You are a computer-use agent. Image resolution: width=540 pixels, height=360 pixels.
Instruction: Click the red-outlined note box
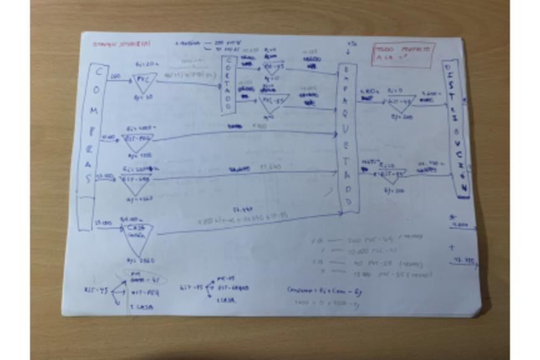(404, 55)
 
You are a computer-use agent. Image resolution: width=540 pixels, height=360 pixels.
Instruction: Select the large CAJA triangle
(138, 239)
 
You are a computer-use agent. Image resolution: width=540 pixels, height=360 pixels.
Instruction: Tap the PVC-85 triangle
(274, 102)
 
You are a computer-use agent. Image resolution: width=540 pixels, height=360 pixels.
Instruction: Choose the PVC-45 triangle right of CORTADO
(273, 68)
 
